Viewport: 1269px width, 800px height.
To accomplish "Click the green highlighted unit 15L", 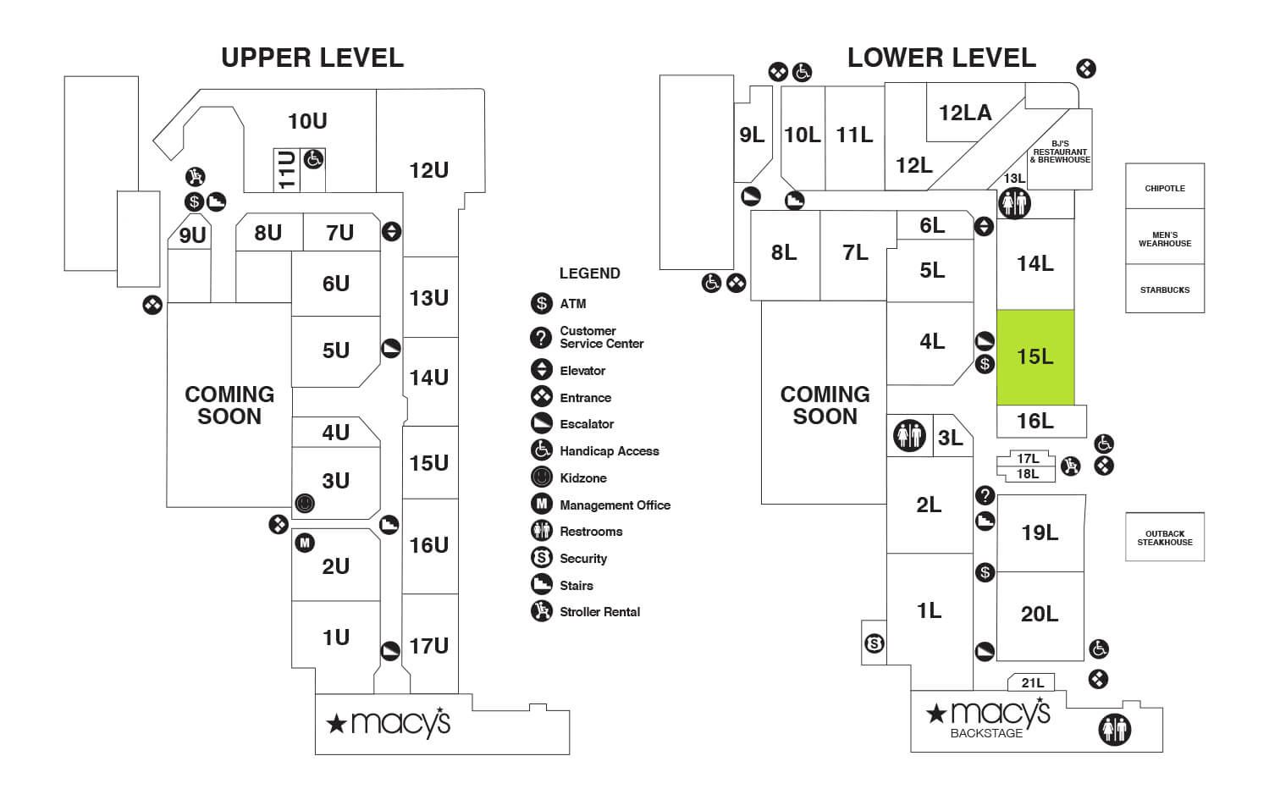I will pyautogui.click(x=1035, y=356).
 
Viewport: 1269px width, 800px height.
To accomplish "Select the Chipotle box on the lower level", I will pyautogui.click(x=1164, y=188).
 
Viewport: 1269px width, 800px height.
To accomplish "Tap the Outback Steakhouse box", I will pyautogui.click(x=1164, y=538).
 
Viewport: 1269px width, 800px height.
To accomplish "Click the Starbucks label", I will pyautogui.click(x=1164, y=290).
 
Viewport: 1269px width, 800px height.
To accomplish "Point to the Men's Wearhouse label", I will pyautogui.click(x=1164, y=239).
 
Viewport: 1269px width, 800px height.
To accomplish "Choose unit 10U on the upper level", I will pyautogui.click(x=307, y=121).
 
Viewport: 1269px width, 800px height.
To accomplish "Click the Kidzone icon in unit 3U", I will pyautogui.click(x=305, y=503).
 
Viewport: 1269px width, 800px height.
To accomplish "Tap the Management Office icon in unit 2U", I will pyautogui.click(x=305, y=543).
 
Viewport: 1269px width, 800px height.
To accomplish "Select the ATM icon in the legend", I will pyautogui.click(x=541, y=303).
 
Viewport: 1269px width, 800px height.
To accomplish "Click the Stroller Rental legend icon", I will pyautogui.click(x=541, y=610).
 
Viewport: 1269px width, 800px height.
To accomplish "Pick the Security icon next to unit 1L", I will pyautogui.click(x=875, y=644).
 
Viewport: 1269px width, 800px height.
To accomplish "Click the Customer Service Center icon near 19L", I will pyautogui.click(x=985, y=495).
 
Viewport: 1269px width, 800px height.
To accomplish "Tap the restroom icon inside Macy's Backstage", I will pyautogui.click(x=1114, y=729).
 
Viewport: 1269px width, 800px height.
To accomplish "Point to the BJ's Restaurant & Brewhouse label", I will pyautogui.click(x=1060, y=152).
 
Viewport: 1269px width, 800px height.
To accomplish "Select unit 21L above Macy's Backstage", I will pyautogui.click(x=1032, y=682).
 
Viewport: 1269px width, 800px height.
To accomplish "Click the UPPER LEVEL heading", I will pyautogui.click(x=312, y=58).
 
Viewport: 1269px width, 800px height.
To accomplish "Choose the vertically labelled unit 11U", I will pyautogui.click(x=286, y=169).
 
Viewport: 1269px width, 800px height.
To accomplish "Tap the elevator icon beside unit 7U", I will pyautogui.click(x=391, y=231).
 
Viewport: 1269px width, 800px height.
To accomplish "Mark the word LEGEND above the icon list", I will pyautogui.click(x=589, y=273).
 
